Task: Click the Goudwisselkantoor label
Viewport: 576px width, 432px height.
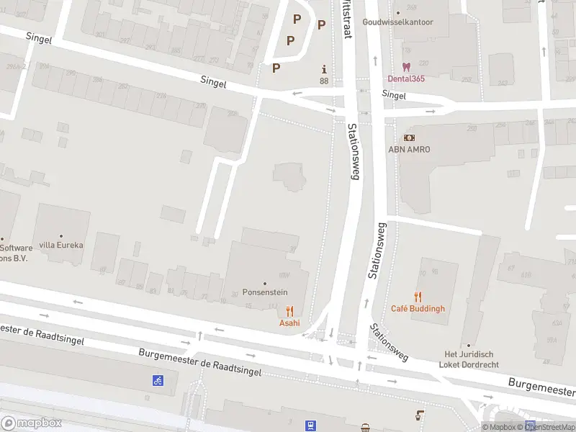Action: pos(398,22)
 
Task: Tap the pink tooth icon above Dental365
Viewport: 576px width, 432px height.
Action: pos(406,67)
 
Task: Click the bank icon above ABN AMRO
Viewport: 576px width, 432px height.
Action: pos(409,138)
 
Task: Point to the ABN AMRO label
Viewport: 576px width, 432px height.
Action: pos(409,149)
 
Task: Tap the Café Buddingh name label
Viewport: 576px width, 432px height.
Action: pos(418,309)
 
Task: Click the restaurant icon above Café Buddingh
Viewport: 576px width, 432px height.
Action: pos(418,297)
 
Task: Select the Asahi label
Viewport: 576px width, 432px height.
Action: pos(289,323)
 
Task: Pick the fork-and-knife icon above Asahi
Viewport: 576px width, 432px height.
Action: pos(289,310)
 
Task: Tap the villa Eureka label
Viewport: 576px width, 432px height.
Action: pos(61,245)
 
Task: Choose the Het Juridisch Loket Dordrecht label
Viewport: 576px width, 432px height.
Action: pos(469,359)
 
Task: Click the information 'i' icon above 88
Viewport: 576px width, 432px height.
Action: pos(324,69)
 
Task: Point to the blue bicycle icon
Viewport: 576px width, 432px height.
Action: pos(157,379)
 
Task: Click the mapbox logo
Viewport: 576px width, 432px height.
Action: pos(31,423)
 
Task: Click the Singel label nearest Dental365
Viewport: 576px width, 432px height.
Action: pos(394,94)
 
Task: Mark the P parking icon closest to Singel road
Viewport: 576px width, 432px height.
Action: pos(276,68)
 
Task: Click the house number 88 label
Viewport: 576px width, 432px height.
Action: pos(324,81)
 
